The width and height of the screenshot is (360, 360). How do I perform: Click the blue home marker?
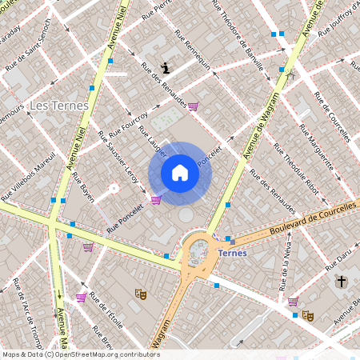point(180,173)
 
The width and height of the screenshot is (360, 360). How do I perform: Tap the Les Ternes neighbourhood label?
point(58,106)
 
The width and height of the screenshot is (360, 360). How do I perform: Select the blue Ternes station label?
point(232,253)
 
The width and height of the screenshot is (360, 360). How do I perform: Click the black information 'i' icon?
point(165,68)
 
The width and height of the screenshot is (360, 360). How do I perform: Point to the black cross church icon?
point(341,282)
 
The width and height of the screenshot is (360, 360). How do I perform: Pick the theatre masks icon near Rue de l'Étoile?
point(141,294)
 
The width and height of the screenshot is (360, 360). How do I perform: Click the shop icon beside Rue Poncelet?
point(156,200)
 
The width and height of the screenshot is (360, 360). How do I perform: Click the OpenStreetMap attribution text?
point(80,354)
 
